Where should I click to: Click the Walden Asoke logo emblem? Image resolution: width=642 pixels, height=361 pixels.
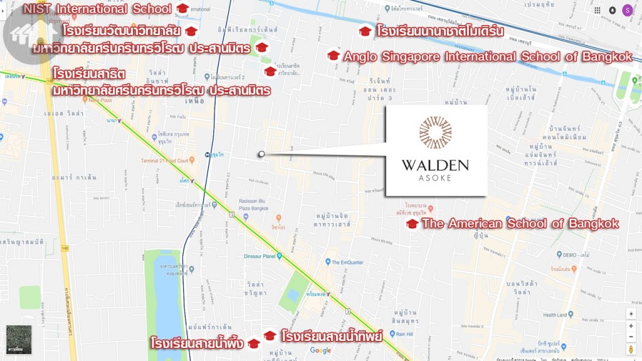point(435,133)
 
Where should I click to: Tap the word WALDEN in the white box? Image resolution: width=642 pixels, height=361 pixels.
point(435,165)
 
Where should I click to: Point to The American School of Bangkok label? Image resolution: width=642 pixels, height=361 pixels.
point(520,224)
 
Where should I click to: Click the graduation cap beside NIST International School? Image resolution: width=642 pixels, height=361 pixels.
point(182,9)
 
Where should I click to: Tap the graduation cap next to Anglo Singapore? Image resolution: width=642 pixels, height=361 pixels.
point(334,56)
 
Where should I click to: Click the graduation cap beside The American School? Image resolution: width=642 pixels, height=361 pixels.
point(412,224)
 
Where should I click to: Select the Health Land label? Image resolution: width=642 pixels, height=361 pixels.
point(554,315)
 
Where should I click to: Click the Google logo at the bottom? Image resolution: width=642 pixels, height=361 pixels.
point(320,350)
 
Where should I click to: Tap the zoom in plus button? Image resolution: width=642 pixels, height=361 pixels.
point(631,326)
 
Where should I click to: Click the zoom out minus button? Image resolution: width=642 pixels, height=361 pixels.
point(631,337)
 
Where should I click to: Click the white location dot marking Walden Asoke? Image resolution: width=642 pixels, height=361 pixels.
point(261,154)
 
